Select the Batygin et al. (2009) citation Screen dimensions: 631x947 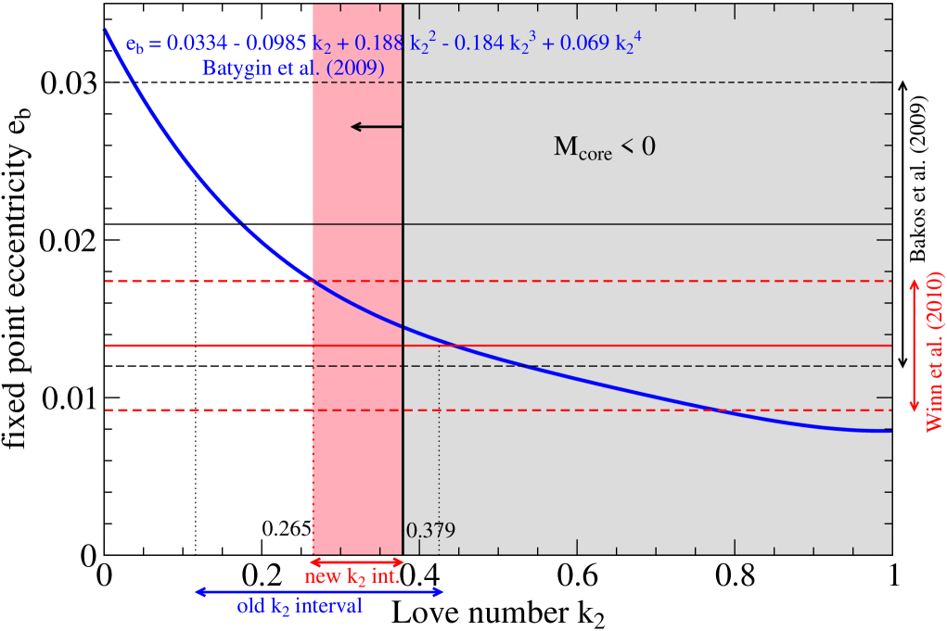pyautogui.click(x=293, y=68)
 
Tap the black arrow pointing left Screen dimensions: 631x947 pyautogui.click(x=376, y=126)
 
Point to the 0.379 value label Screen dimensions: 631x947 pyautogui.click(x=431, y=531)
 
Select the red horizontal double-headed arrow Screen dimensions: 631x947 pyautogui.click(x=357, y=562)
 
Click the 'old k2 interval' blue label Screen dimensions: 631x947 pyautogui.click(x=306, y=607)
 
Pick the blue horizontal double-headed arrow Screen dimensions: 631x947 pyautogui.click(x=319, y=591)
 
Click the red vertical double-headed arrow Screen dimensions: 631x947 pyautogui.click(x=914, y=345)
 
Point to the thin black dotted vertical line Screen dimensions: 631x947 pyautogui.click(x=438, y=445)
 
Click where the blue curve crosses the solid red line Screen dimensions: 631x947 pyautogui.click(x=453, y=345)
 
